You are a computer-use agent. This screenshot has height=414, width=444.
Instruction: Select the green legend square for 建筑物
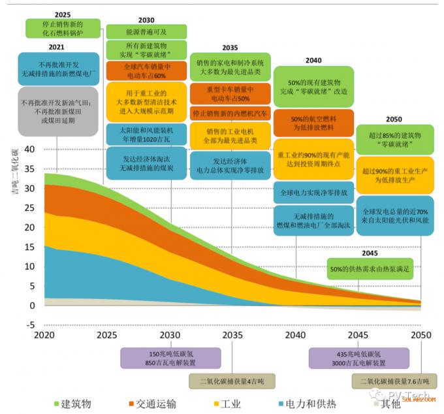click(x=56, y=403)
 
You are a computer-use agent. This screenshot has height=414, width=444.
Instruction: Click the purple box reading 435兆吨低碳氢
click(x=358, y=358)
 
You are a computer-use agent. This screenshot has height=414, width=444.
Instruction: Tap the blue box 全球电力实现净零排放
click(x=313, y=193)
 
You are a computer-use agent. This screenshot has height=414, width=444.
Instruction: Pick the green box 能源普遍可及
click(x=146, y=31)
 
